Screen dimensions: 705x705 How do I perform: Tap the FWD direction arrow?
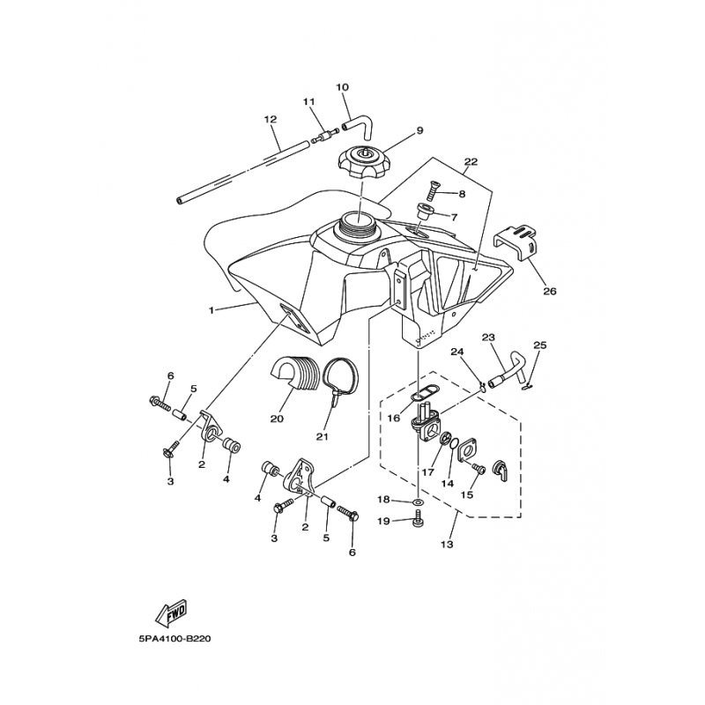coord(170,612)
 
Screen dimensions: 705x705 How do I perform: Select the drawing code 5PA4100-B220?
coord(174,638)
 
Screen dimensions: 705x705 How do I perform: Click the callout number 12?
coord(271,120)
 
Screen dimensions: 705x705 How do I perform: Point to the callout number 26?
coord(549,292)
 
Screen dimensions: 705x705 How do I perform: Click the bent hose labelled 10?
coord(357,123)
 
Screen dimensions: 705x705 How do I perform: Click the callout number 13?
coord(447,545)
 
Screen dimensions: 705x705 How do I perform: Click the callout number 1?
coord(211,310)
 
